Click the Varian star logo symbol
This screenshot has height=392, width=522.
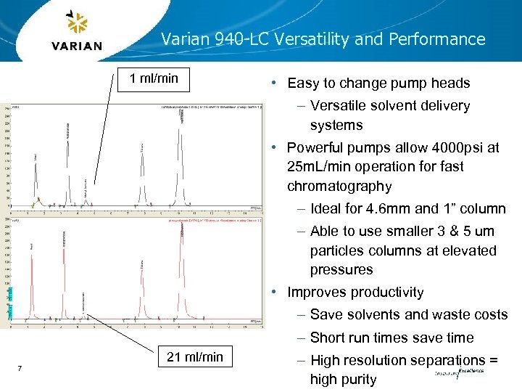76,24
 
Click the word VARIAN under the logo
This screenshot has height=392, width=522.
77,46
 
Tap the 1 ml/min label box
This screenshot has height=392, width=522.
154,78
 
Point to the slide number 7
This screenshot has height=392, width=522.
20,369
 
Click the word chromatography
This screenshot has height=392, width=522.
339,186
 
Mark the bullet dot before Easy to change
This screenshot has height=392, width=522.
276,83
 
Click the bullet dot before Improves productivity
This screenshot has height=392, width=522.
276,293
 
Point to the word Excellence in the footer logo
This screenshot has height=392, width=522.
471,370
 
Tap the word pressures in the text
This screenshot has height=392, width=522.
341,270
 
